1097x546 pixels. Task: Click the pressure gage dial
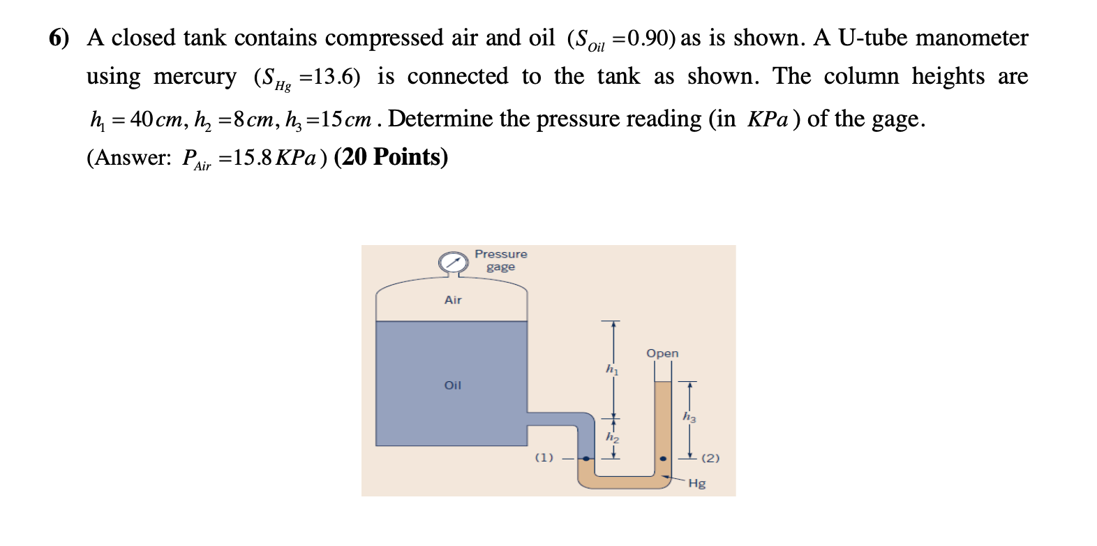pyautogui.click(x=454, y=263)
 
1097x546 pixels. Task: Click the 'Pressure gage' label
pyautogui.click(x=500, y=260)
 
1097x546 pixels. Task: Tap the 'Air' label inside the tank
pyautogui.click(x=453, y=300)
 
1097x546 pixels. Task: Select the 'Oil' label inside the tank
pyautogui.click(x=453, y=385)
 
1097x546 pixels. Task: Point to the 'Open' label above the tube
pyautogui.click(x=662, y=353)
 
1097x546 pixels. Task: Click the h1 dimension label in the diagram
pyautogui.click(x=612, y=369)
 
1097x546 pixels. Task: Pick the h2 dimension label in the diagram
pyautogui.click(x=612, y=437)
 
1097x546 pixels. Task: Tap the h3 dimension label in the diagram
pyautogui.click(x=689, y=417)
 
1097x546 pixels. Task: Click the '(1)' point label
pyautogui.click(x=544, y=457)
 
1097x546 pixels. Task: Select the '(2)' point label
pyautogui.click(x=710, y=458)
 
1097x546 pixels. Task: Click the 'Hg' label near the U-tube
pyautogui.click(x=696, y=483)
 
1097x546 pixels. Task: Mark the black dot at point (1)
pyautogui.click(x=586, y=459)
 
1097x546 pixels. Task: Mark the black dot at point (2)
pyautogui.click(x=663, y=459)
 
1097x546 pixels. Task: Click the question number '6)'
pyautogui.click(x=59, y=38)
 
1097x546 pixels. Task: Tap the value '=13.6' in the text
pyautogui.click(x=329, y=77)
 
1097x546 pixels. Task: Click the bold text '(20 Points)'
pyautogui.click(x=391, y=157)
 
